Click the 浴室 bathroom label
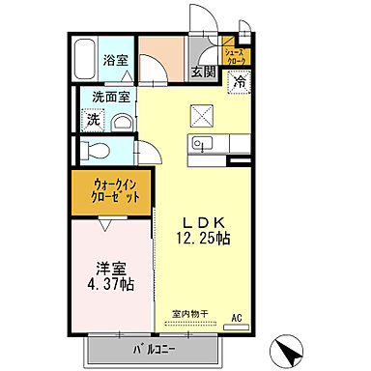click(115, 60)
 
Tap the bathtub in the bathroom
click(85, 61)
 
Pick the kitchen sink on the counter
click(203, 146)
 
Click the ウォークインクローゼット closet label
click(117, 189)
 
